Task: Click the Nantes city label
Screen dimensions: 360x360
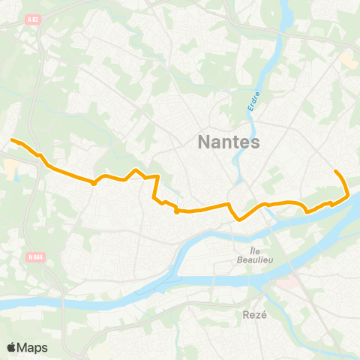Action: pyautogui.click(x=229, y=142)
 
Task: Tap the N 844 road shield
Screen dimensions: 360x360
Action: pyautogui.click(x=34, y=256)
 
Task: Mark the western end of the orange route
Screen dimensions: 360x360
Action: pyautogui.click(x=10, y=139)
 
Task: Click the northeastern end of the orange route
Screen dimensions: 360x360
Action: pyautogui.click(x=335, y=172)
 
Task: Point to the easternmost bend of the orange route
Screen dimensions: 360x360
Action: pyautogui.click(x=349, y=195)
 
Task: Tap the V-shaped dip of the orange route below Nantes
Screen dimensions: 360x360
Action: pyautogui.click(x=238, y=219)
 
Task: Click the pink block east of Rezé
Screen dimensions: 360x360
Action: pyautogui.click(x=286, y=283)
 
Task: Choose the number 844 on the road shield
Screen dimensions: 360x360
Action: pyautogui.click(x=37, y=256)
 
